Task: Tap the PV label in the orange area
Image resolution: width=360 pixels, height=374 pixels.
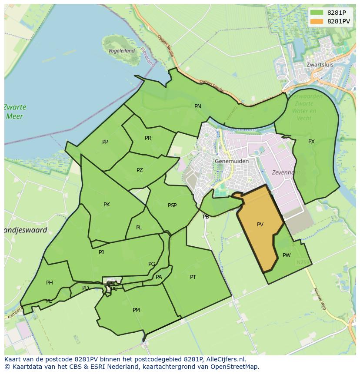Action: point(260,225)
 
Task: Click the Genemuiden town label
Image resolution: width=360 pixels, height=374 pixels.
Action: point(232,161)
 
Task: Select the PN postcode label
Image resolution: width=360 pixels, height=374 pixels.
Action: point(198,106)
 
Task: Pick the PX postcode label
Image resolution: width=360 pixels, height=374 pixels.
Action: point(311,142)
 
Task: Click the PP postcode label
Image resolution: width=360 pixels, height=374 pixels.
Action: point(105,142)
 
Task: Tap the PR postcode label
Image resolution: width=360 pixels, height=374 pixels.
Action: point(148,138)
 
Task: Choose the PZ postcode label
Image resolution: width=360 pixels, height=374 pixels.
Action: point(140,170)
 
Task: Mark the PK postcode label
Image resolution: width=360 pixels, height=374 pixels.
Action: point(107,205)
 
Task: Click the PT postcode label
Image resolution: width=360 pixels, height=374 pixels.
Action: point(193,277)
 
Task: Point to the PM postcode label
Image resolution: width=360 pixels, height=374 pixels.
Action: point(136,310)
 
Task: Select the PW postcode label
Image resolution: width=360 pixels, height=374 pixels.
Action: point(287,255)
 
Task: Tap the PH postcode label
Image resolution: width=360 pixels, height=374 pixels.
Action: point(50,283)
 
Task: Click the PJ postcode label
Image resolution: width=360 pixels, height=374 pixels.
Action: point(101,252)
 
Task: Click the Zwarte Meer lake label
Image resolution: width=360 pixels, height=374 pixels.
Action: point(15,112)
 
